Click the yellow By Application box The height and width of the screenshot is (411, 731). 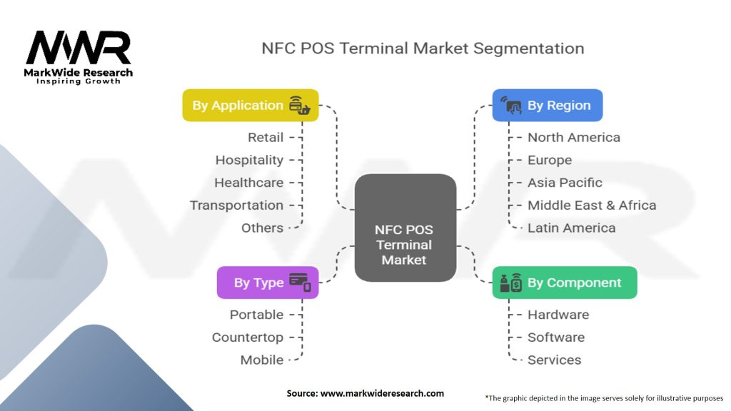(x=251, y=106)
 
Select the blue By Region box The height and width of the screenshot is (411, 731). (x=548, y=106)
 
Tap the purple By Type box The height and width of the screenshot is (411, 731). (x=268, y=283)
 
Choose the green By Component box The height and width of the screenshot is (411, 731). (x=565, y=283)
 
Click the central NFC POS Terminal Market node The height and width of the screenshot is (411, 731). (x=405, y=228)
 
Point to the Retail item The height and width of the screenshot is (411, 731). (x=266, y=138)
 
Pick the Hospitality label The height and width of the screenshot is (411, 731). (x=249, y=161)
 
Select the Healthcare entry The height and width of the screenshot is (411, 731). (x=249, y=183)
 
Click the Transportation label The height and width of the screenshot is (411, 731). (x=237, y=205)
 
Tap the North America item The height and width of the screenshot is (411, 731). (x=574, y=138)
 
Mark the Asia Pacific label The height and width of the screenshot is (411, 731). (x=565, y=183)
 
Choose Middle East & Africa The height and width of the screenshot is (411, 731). (x=592, y=205)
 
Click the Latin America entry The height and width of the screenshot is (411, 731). (x=572, y=228)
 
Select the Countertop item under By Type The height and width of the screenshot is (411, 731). (x=248, y=338)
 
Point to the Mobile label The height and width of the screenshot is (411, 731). (x=262, y=360)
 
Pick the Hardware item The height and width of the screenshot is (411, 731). (x=558, y=315)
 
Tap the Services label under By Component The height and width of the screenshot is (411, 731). (x=554, y=360)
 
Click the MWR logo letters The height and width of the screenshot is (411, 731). (x=79, y=48)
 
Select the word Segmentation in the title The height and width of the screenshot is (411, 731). (x=529, y=49)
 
